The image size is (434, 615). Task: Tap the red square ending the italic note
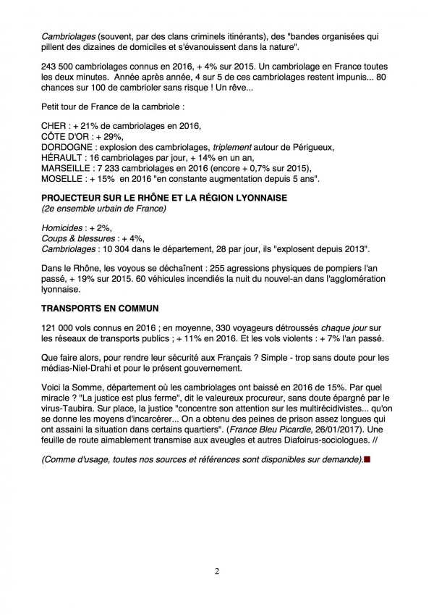(x=367, y=459)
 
